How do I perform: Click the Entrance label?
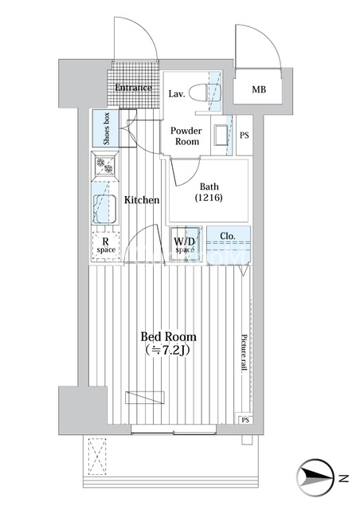point(133,88)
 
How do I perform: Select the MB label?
point(259,89)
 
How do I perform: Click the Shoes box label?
point(107,128)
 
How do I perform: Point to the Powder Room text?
point(186,136)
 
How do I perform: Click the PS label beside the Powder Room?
point(245,135)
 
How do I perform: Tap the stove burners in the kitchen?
point(104,165)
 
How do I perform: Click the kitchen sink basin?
point(104,209)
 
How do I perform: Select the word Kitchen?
point(142,200)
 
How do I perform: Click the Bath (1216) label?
point(209,192)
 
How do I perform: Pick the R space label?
point(106,245)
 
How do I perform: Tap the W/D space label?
point(185,245)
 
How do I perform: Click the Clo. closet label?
point(227,236)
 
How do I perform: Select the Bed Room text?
point(169,336)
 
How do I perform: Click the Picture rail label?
point(245,352)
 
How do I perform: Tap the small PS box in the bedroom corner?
point(245,420)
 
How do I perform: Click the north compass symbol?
point(315,478)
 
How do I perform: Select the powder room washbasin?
point(221,135)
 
